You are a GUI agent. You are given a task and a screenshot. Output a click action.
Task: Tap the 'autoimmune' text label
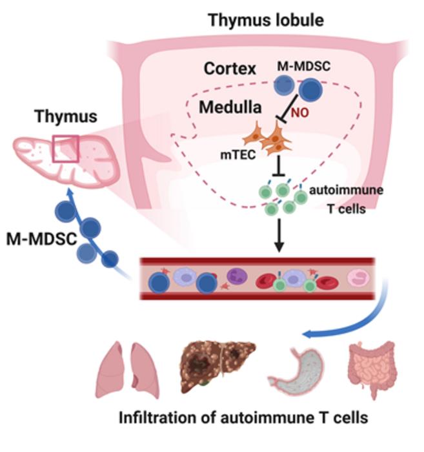[x=341, y=191]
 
